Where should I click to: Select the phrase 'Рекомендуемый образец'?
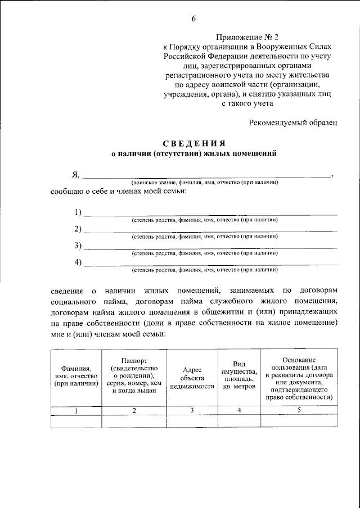click(x=294, y=122)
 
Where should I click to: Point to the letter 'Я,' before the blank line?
click(x=76, y=174)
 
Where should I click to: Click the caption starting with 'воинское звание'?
click(x=205, y=183)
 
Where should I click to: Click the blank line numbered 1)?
click(x=210, y=213)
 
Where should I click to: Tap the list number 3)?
click(x=78, y=246)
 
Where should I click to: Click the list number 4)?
click(x=78, y=262)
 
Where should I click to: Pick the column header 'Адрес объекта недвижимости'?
click(x=192, y=378)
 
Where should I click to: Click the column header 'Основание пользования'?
click(x=299, y=378)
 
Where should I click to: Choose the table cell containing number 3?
click(x=192, y=410)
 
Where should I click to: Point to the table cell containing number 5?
click(x=299, y=410)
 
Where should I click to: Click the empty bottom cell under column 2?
click(x=134, y=421)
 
